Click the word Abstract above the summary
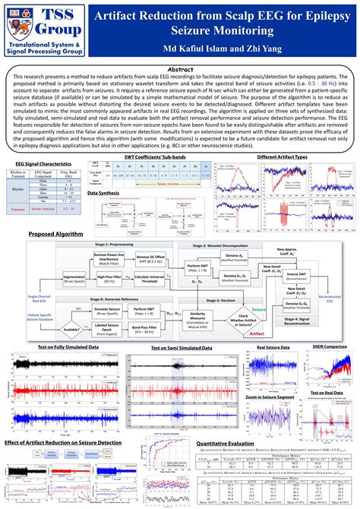point(179,68)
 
